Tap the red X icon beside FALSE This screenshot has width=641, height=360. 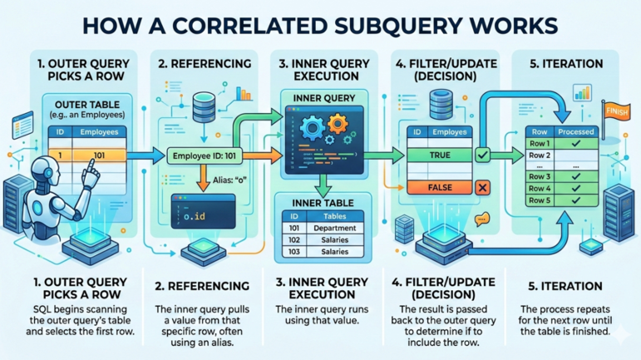tap(481, 189)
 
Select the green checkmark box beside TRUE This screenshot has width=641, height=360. tap(480, 155)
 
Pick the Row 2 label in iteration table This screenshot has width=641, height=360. tap(540, 155)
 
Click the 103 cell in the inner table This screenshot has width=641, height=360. tap(293, 252)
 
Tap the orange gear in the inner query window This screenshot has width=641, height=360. tap(337, 126)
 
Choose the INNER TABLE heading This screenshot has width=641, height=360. tap(322, 203)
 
